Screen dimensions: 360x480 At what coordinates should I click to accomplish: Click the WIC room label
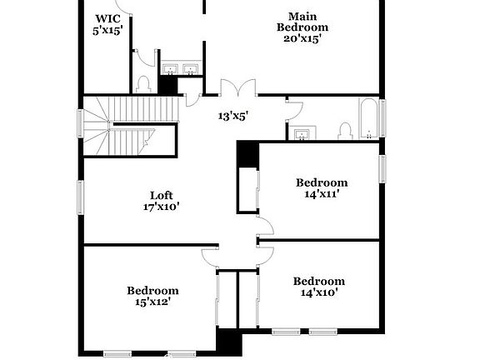click(x=108, y=18)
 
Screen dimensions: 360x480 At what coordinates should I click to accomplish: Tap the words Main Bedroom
click(x=302, y=22)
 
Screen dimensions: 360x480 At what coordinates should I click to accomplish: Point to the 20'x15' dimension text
click(x=302, y=37)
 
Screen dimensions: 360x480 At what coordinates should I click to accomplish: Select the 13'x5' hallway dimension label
click(x=234, y=117)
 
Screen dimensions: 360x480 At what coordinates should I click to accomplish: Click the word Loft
click(x=161, y=196)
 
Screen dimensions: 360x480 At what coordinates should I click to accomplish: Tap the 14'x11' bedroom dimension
click(x=322, y=194)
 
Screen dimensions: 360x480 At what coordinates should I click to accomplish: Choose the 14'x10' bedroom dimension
click(x=318, y=292)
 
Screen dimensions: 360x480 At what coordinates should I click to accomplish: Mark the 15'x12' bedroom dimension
click(x=152, y=302)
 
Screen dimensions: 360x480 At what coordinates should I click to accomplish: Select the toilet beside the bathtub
click(x=345, y=131)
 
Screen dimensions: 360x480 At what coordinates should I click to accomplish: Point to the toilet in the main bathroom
click(x=142, y=84)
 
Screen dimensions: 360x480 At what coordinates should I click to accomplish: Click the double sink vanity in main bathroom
click(x=182, y=70)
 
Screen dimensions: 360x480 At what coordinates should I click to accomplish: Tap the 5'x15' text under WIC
click(x=107, y=30)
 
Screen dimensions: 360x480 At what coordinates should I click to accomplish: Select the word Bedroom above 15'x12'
click(x=152, y=290)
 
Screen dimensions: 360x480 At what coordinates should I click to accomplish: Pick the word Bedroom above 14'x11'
click(x=322, y=182)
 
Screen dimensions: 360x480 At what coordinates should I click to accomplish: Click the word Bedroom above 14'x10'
click(x=318, y=281)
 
